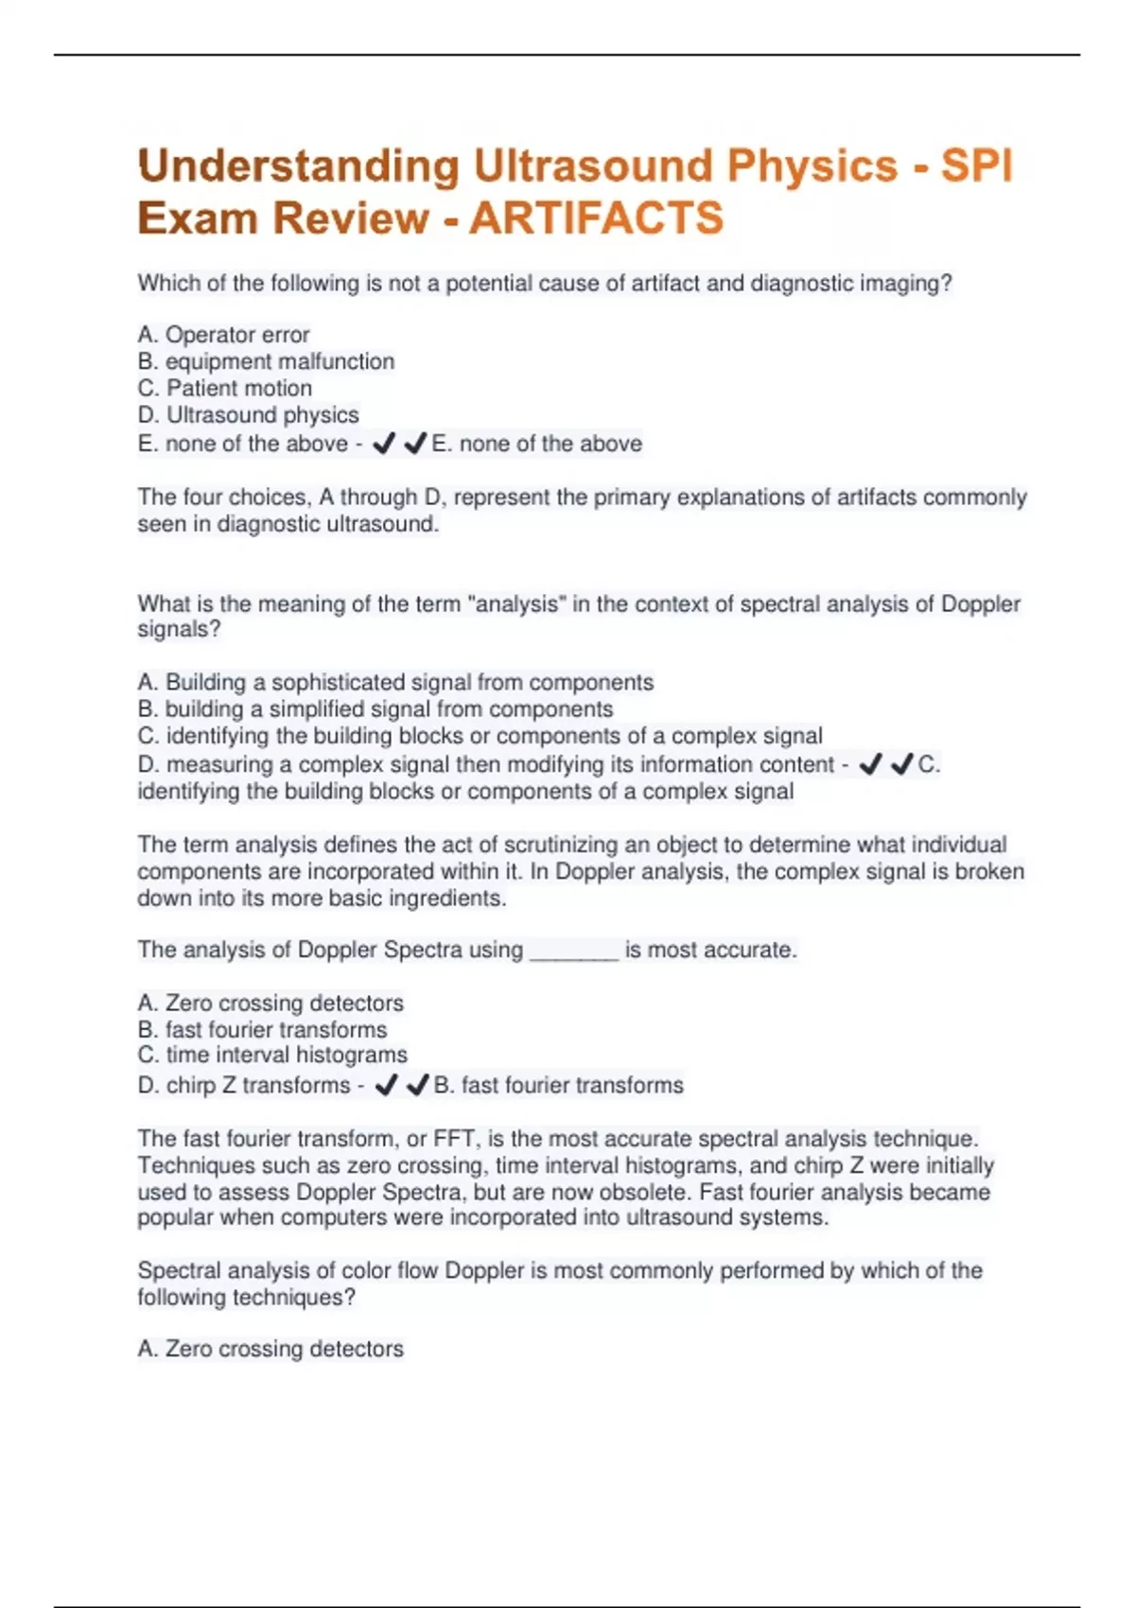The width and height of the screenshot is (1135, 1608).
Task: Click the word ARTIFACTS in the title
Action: coord(596,218)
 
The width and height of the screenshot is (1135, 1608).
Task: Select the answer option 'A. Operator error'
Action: coord(223,335)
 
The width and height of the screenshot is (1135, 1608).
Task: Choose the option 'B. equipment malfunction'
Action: coord(266,361)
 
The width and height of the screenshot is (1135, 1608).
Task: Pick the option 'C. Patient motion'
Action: coord(224,388)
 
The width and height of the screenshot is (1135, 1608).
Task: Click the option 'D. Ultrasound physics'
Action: coord(248,414)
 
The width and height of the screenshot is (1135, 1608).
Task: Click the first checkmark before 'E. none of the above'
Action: coord(383,444)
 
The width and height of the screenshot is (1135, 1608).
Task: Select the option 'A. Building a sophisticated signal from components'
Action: coord(395,682)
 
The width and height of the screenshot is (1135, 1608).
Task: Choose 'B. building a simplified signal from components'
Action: coord(375,708)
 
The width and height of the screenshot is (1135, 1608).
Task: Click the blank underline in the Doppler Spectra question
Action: coord(574,952)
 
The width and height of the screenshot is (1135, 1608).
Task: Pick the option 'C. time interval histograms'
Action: coord(272,1055)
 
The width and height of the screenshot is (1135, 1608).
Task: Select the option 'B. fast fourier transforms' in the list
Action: coord(262,1029)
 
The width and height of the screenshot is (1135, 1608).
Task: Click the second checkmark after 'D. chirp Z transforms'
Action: coord(417,1086)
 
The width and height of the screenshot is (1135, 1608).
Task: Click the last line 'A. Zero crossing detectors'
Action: coord(271,1349)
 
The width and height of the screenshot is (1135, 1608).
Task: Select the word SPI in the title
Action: coord(977,166)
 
